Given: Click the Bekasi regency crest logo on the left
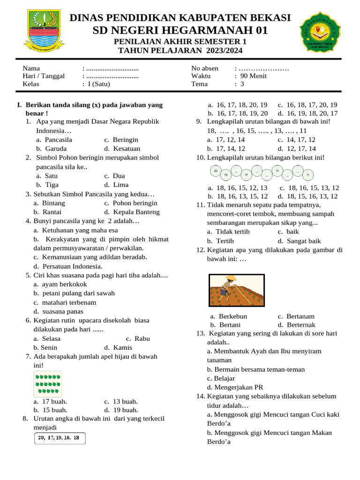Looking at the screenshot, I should (42, 30).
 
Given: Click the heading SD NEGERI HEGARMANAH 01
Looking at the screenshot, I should (180, 31).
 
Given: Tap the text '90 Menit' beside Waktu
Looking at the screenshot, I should (254, 76).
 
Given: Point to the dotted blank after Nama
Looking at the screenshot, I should (112, 68).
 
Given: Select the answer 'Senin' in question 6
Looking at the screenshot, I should (49, 347).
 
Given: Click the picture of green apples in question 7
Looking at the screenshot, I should (48, 383).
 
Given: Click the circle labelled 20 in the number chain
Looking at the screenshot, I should (216, 171).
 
